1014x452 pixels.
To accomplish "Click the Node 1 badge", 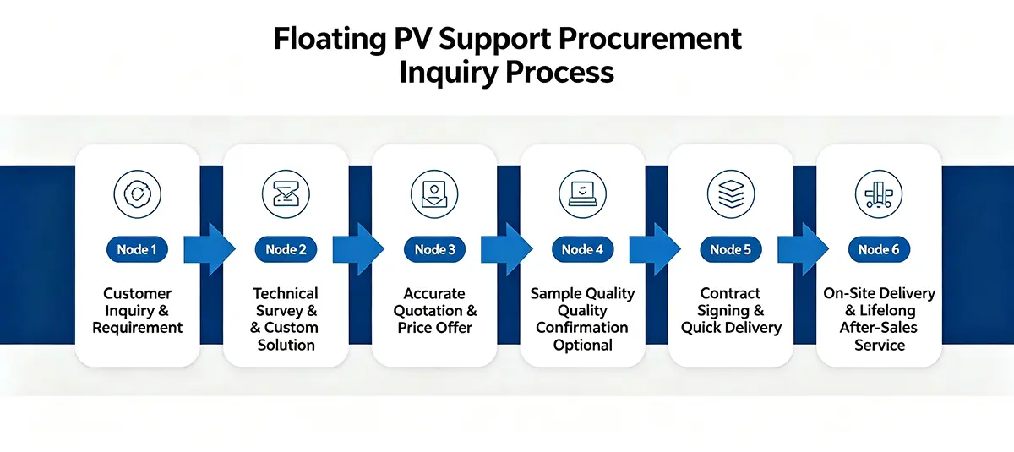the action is pos(137,249).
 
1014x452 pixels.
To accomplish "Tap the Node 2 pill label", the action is pos(286,249).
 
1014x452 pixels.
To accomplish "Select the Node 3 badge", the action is pos(434,249).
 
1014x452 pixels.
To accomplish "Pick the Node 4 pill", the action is pos(582,249).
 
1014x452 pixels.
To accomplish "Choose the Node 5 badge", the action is pos(731,249).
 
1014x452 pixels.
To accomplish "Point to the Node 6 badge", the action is pos(879,249).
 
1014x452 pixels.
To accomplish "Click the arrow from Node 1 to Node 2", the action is pos(210,249).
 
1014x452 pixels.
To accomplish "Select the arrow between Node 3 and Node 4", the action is pos(506,249).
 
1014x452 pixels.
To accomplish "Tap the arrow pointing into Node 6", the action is pos(803,249).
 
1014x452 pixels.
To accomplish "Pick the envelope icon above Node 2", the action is pos(286,194).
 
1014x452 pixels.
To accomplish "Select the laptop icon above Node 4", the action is pos(582,194).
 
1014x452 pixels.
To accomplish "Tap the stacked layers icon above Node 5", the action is pos(731,194).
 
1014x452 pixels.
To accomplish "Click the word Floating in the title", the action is pos(330,40).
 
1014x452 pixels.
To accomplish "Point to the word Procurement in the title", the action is pos(650,39).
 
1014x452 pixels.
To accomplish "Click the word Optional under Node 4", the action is pos(582,346).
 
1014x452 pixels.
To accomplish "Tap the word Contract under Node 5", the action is pos(730,294).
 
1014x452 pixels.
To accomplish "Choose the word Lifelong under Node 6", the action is pos(887,311).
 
